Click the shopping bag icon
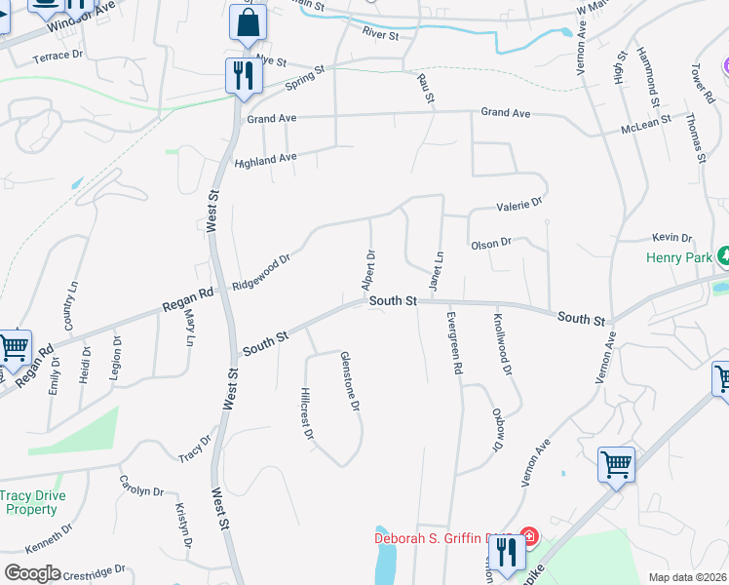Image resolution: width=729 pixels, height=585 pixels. click(248, 23)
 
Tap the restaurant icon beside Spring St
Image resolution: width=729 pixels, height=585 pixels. click(241, 75)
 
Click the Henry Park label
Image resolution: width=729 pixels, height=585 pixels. click(679, 258)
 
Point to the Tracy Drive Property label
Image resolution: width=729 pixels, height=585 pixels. click(31, 502)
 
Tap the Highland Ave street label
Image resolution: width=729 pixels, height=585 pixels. click(265, 160)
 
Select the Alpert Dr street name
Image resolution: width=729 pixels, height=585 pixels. click(368, 270)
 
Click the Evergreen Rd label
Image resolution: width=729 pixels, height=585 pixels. click(454, 344)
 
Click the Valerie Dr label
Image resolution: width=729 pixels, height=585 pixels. click(518, 205)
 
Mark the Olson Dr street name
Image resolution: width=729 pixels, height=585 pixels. click(490, 245)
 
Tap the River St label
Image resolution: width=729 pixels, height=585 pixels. click(380, 35)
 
